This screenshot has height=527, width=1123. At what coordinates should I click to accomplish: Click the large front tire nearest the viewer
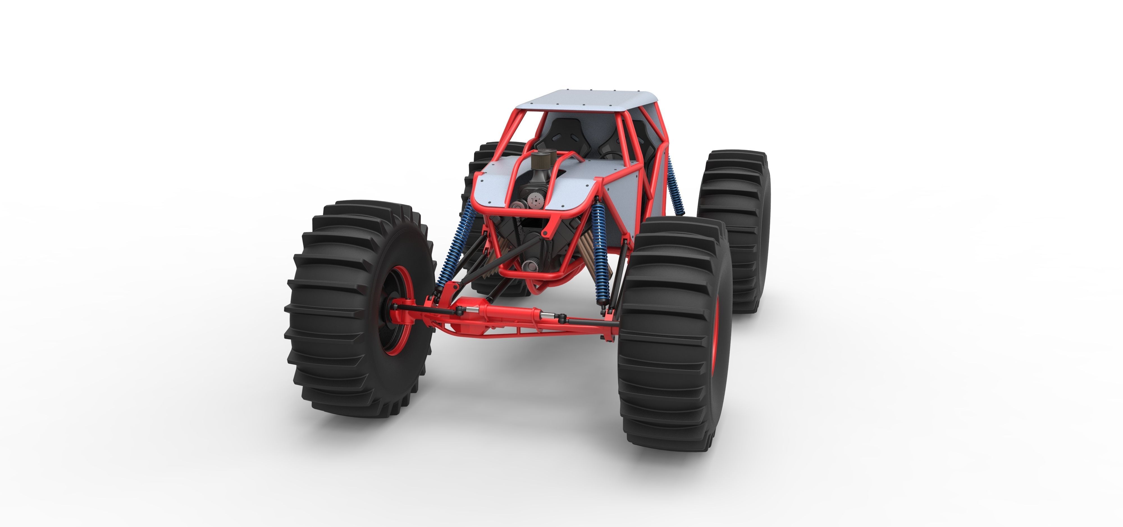(x=674, y=336)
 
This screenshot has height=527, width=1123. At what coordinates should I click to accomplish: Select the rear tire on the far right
(x=734, y=227)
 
